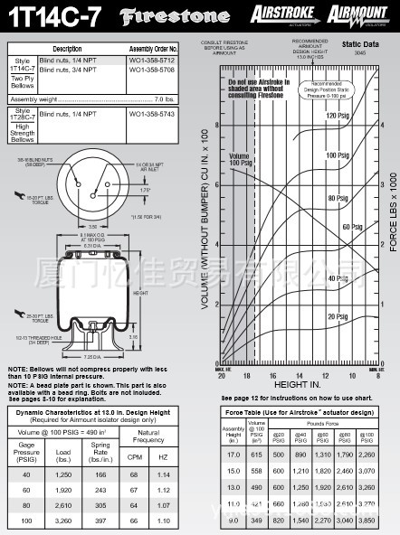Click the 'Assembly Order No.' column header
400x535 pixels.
click(151, 48)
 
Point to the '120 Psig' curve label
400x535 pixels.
click(337, 116)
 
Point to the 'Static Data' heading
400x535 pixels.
click(359, 42)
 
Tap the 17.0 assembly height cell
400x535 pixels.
click(233, 455)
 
